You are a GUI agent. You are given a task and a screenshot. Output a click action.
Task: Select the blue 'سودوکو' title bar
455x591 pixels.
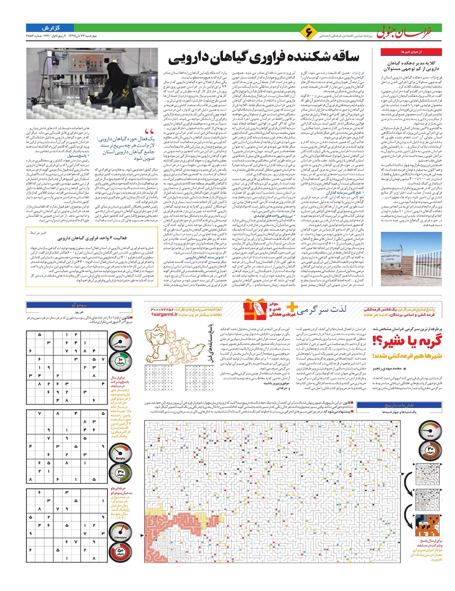[79, 305]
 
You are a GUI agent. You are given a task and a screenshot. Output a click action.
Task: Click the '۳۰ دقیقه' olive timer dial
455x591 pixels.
[121, 473]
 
